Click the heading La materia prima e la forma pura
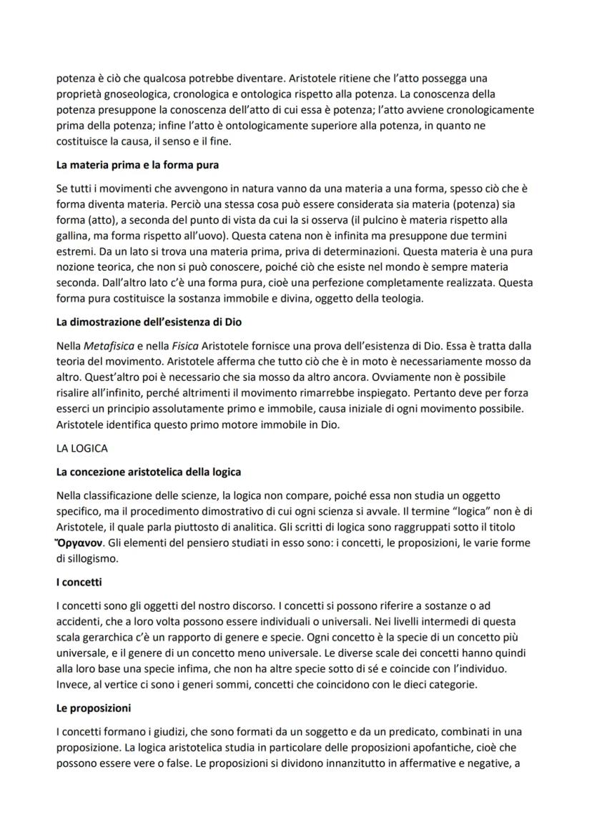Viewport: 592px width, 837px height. click(x=137, y=165)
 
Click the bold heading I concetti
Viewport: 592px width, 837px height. click(x=79, y=582)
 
